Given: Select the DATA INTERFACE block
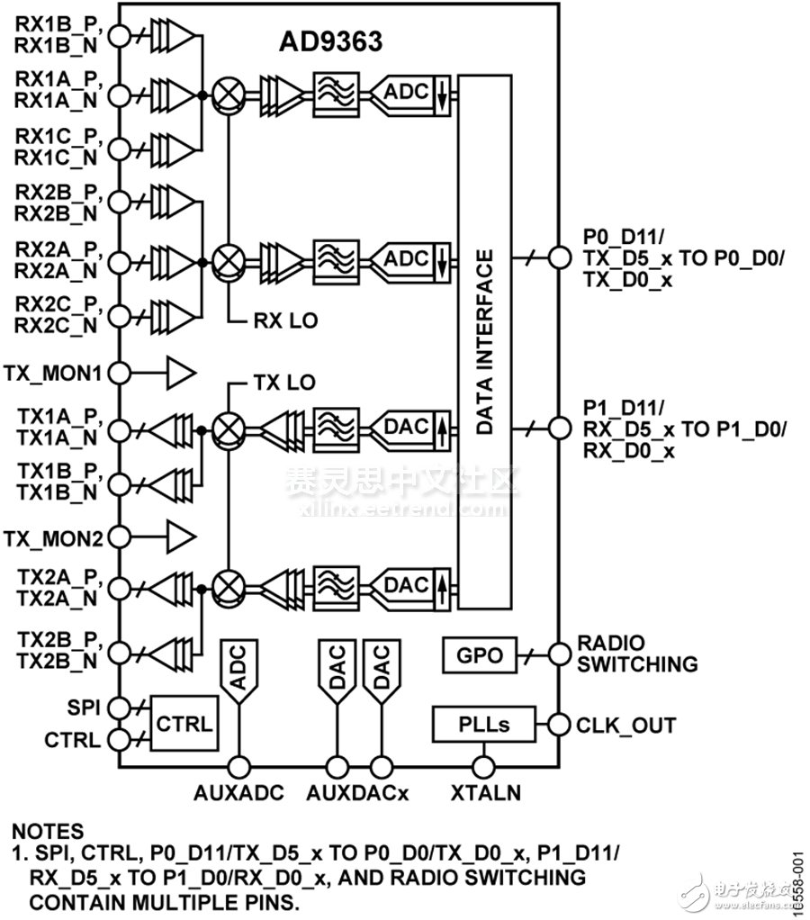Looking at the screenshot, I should click(x=485, y=343).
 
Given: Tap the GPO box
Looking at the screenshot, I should click(x=480, y=655).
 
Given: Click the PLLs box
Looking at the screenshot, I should click(x=483, y=724).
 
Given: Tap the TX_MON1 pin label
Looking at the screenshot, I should click(x=54, y=371).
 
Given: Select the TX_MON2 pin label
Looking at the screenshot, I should click(x=54, y=538).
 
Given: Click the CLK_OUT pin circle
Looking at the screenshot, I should click(x=558, y=724).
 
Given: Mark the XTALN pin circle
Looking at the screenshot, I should click(x=485, y=766).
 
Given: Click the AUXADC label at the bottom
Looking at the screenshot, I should click(x=238, y=794).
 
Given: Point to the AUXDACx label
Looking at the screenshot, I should click(x=357, y=794).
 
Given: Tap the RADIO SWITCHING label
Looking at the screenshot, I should click(x=636, y=654).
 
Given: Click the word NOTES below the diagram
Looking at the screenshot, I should click(x=48, y=832).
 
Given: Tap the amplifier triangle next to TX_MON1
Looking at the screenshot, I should click(x=177, y=370).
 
